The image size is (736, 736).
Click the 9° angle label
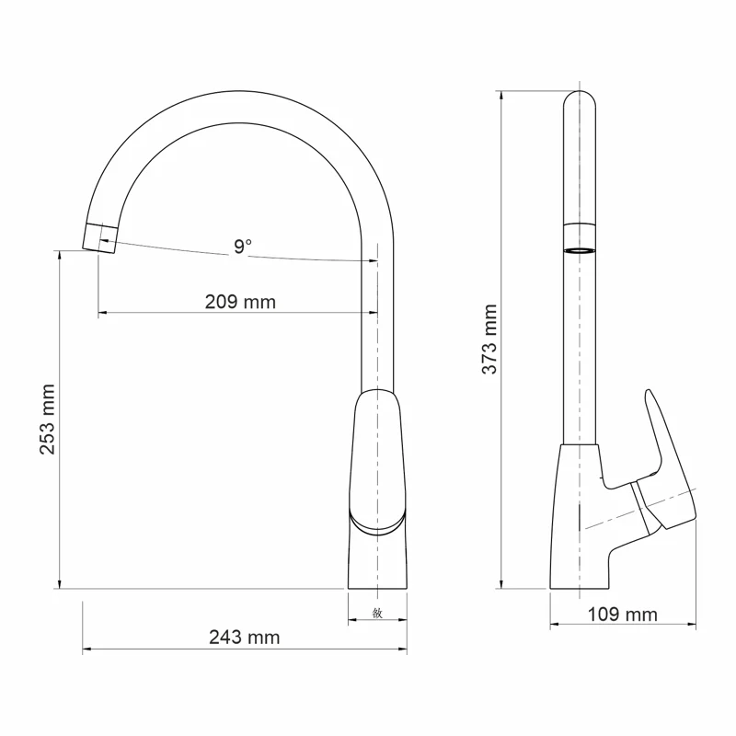(x=242, y=246)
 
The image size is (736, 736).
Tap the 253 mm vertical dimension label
(x=47, y=420)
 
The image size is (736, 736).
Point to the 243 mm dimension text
(x=244, y=638)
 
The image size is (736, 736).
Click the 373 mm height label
(x=489, y=339)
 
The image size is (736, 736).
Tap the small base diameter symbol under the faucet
(x=377, y=613)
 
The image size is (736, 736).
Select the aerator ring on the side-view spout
(x=579, y=248)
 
